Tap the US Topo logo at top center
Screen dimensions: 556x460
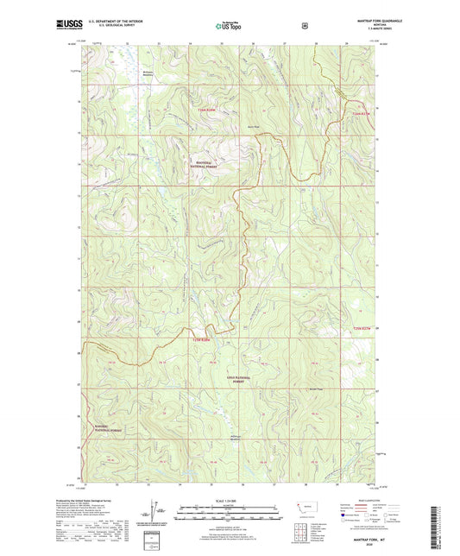pos(229,26)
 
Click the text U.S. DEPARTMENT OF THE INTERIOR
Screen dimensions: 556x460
pos(111,20)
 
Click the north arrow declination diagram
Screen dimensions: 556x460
pos(149,512)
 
